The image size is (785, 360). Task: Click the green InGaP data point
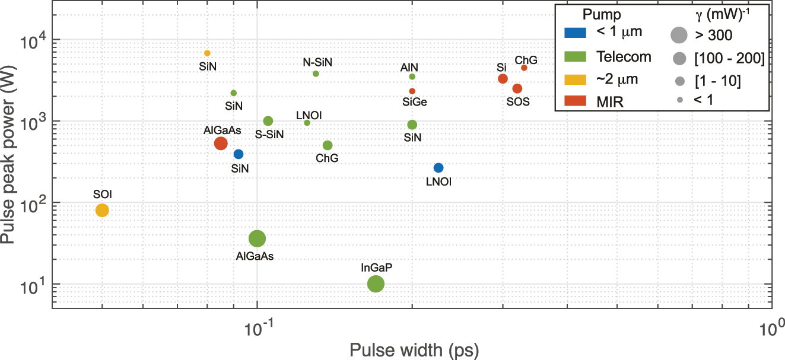[376, 284]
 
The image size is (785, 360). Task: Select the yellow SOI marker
[102, 210]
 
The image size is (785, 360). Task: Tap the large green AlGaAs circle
[257, 239]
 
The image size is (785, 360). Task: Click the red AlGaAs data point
[221, 143]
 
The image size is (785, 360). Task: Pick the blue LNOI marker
[438, 168]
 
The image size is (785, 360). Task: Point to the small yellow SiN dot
[207, 53]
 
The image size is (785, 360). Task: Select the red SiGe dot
[412, 91]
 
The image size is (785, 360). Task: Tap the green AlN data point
[412, 77]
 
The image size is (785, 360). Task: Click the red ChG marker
[524, 68]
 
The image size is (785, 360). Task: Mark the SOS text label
[517, 101]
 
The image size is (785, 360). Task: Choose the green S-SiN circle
[268, 121]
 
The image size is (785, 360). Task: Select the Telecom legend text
[623, 57]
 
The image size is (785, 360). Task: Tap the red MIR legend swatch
[573, 101]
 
